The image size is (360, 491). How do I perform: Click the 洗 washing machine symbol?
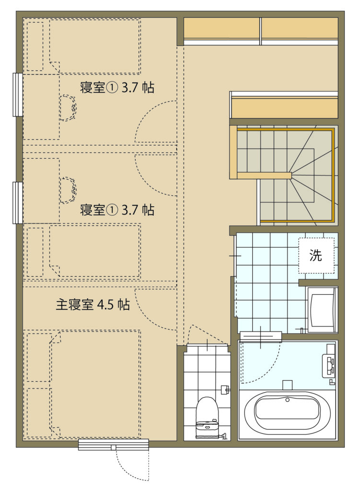pos(316,255)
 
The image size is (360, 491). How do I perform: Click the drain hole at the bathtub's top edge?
pos(287,399)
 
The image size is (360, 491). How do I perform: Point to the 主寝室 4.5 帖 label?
pos(93,304)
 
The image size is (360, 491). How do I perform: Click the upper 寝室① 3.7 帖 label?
pos(117,87)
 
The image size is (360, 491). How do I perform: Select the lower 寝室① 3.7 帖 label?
pos(117,210)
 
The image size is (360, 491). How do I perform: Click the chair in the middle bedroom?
pos(68,190)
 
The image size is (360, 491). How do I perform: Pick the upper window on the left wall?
pos(18,94)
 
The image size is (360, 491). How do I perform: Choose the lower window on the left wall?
pos(18,203)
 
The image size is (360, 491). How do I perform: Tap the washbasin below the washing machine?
pos(323,309)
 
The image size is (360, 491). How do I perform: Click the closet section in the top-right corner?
pos(300,28)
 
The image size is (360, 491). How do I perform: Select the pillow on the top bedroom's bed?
pos(35,47)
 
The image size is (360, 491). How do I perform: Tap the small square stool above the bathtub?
pos(287,385)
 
